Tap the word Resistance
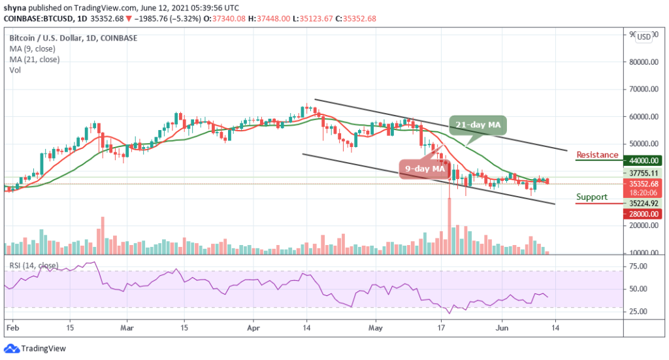[x=597, y=155]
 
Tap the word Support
[x=591, y=197]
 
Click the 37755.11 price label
[x=644, y=173]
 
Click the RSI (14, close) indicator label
[x=31, y=265]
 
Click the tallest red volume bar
[x=449, y=225]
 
